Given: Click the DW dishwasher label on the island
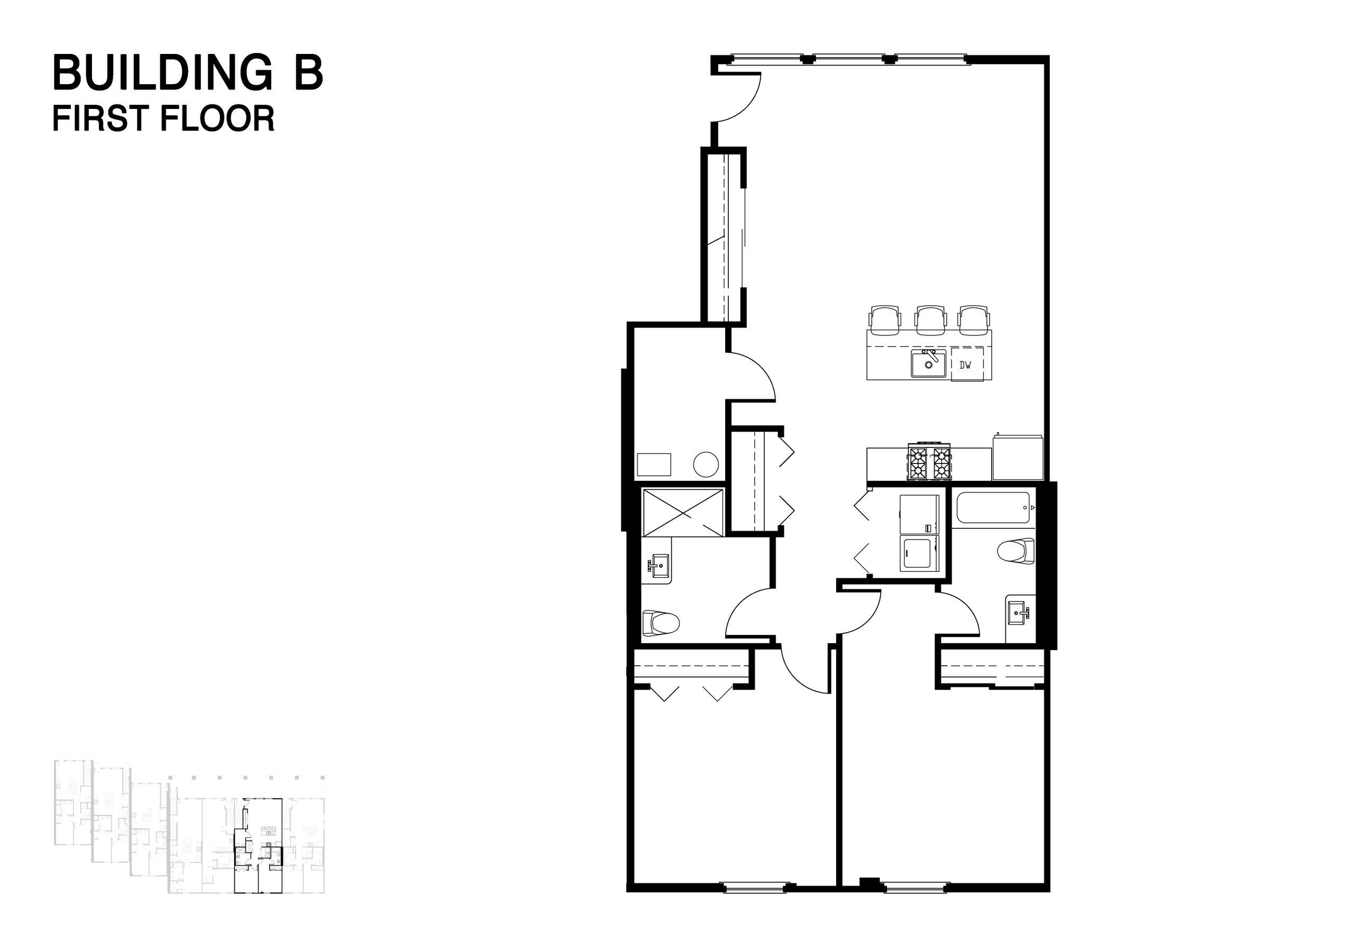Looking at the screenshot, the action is [965, 365].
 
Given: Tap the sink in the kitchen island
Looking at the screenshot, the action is [928, 363].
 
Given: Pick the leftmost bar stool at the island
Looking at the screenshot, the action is [885, 318].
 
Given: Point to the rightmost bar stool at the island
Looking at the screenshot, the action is [974, 318].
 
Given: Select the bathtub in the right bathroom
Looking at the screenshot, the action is [993, 507].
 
